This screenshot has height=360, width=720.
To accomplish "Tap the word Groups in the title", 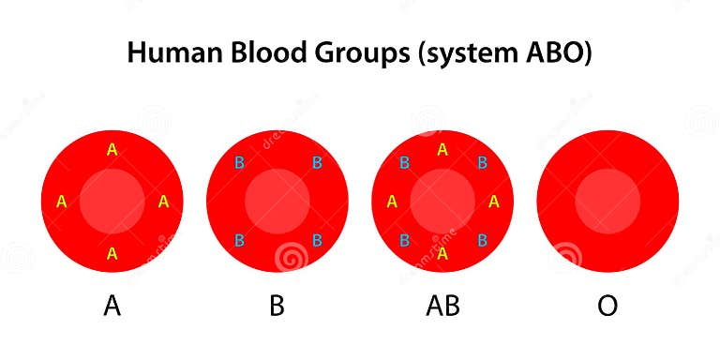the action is click(x=355, y=54).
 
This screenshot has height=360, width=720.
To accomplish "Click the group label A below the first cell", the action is click(x=112, y=307).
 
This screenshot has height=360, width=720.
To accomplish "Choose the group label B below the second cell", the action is click(x=277, y=307).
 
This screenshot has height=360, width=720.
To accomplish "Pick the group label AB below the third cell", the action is click(x=442, y=307).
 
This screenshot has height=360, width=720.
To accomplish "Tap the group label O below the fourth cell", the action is click(x=607, y=307).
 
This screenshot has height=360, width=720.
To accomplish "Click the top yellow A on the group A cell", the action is click(x=112, y=149).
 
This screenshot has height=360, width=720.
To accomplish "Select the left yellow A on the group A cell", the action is click(x=62, y=201).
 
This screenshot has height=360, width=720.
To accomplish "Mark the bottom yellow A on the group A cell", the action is click(x=112, y=253).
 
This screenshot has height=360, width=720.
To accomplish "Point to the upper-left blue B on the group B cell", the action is click(x=240, y=163).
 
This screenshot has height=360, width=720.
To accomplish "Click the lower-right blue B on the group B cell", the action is click(x=317, y=240).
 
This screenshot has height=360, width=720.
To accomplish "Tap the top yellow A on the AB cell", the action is click(x=442, y=149).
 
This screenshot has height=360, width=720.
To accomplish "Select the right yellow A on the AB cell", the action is click(x=494, y=201).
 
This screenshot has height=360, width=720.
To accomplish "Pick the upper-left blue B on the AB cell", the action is click(x=405, y=163).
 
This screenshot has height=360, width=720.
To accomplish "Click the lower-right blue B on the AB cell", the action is click(x=482, y=240).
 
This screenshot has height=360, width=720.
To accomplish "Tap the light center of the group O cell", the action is click(x=607, y=202).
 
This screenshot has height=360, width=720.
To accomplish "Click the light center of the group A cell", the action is click(x=112, y=202).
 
